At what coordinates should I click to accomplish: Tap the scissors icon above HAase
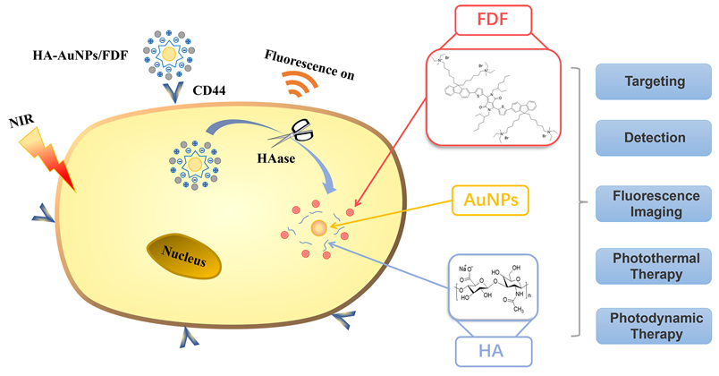click(x=300, y=134)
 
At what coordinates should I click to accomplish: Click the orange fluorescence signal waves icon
click(x=300, y=84)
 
